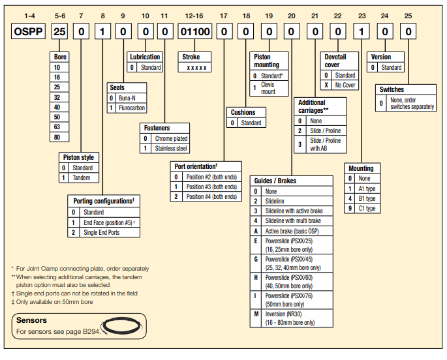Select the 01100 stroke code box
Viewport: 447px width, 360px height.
pyautogui.click(x=195, y=31)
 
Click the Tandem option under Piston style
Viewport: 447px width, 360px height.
pyautogui.click(x=82, y=177)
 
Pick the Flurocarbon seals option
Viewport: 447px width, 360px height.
pyautogui.click(x=132, y=108)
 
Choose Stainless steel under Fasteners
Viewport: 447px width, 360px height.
pyautogui.click(x=170, y=148)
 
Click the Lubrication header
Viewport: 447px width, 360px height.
pyautogui.click(x=144, y=57)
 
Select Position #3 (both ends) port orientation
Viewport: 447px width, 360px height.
pyautogui.click(x=211, y=187)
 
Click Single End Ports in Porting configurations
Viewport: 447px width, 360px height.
pyautogui.click(x=101, y=232)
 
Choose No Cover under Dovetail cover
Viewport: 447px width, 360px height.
pyautogui.click(x=345, y=85)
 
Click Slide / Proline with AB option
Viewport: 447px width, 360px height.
pyautogui.click(x=324, y=145)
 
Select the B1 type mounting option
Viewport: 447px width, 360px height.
pyautogui.click(x=367, y=198)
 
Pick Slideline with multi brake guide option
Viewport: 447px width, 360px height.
pyautogui.click(x=292, y=221)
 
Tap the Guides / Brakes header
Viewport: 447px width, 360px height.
pyautogui.click(x=273, y=180)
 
